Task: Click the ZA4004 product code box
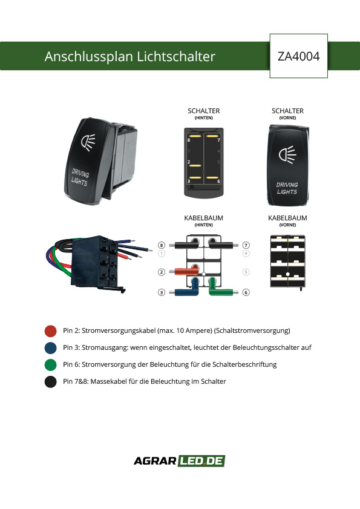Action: point(299,56)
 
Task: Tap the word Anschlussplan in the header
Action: point(88,56)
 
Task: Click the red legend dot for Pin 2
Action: point(51,331)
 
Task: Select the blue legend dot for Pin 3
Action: point(51,347)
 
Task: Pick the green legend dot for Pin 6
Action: point(51,364)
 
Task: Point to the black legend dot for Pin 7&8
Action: point(51,381)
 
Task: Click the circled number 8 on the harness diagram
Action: point(162,245)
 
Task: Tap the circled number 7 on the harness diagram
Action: point(246,245)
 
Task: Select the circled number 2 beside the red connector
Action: point(162,272)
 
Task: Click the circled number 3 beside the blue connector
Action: point(162,292)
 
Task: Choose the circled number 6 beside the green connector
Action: point(246,292)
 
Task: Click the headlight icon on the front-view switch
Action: point(287,154)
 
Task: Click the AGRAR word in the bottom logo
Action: point(155,461)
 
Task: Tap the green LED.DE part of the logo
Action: point(201,461)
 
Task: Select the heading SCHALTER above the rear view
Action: point(203,111)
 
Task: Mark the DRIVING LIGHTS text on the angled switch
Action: point(79,177)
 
